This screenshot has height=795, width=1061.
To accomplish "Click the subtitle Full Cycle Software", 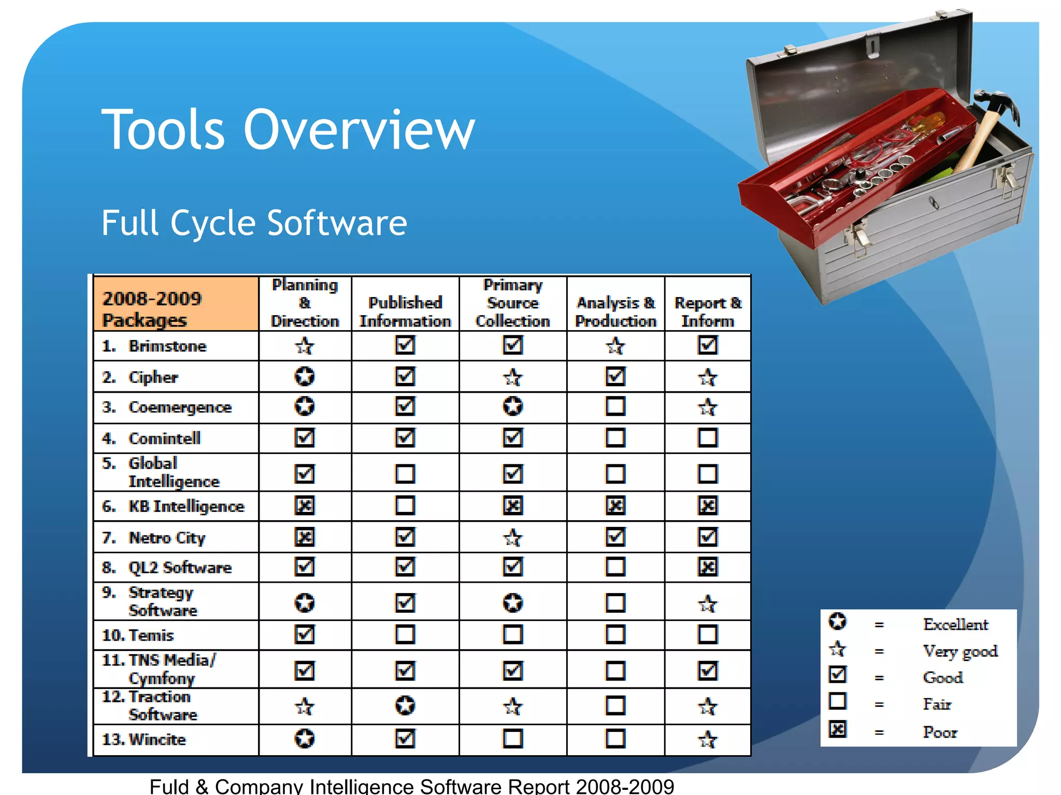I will (x=254, y=223).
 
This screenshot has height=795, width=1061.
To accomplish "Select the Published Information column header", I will (x=405, y=312).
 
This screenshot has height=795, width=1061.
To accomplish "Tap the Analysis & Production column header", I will (x=615, y=312).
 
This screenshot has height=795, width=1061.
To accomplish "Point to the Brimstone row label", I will (x=167, y=346).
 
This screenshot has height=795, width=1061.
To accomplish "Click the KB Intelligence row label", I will (x=186, y=506).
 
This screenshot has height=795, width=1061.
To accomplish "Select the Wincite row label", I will (x=157, y=739).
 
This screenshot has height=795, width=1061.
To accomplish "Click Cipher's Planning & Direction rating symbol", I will (x=305, y=376).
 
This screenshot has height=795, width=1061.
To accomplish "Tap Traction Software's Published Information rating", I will (x=405, y=705).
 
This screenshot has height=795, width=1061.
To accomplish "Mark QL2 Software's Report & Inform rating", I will (x=708, y=567).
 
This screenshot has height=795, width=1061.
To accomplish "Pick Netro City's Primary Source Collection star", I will (x=513, y=537).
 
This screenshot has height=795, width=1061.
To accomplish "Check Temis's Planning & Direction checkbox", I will (x=305, y=634).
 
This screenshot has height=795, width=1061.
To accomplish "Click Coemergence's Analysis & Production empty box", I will (x=615, y=406).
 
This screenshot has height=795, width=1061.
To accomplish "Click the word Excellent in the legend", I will (x=955, y=624).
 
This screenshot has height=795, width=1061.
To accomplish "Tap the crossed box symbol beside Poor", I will (x=838, y=730).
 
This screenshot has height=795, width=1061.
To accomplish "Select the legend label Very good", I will (x=960, y=651).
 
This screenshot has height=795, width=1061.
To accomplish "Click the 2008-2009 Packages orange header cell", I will (x=176, y=304).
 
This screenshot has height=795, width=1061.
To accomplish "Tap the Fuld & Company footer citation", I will (x=412, y=786).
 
